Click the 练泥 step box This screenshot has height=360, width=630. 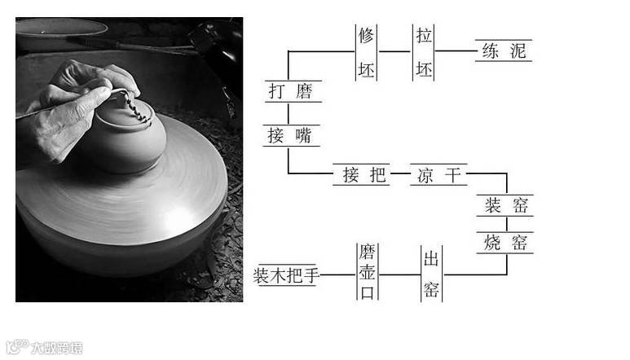coord(504,51)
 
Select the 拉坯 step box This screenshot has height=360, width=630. coord(423,51)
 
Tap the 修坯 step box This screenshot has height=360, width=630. coord(367,51)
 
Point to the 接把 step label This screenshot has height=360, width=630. coord(359,174)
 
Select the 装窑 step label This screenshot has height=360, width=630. coord(505,206)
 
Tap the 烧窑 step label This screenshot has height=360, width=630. coord(505,242)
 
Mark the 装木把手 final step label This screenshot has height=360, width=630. coord(285,274)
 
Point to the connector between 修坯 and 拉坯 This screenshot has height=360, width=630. coord(395,51)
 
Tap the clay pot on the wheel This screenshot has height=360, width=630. coord(129,138)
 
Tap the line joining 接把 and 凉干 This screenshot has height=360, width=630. coord(399,174)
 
